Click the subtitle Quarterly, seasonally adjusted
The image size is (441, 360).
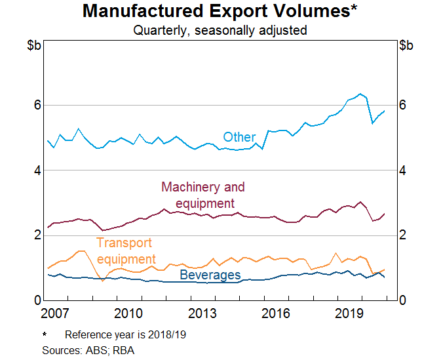[x=220, y=30]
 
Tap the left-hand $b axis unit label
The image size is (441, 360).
[x=35, y=45]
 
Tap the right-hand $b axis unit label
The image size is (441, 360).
[x=406, y=45]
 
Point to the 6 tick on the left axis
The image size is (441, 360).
[x=37, y=105]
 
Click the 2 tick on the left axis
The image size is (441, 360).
[x=37, y=235]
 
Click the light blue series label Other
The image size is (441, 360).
[x=239, y=137]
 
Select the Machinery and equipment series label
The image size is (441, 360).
[x=202, y=195]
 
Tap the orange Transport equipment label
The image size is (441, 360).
[x=126, y=250]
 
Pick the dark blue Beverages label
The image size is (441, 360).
[x=210, y=275]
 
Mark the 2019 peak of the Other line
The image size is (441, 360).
[x=360, y=94]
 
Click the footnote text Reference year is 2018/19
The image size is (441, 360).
[x=125, y=335]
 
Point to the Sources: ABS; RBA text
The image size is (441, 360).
[x=88, y=350]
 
